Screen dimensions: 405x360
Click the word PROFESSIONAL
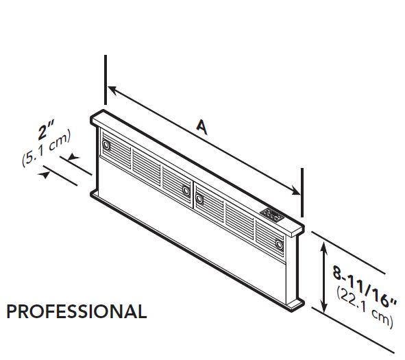77,312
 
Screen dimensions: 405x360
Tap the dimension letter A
202,128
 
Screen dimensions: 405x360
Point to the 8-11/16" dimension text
364,287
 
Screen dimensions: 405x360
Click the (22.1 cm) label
365,307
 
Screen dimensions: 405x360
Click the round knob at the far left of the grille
106,145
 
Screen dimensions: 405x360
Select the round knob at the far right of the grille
279,243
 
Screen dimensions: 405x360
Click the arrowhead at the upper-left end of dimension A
112,89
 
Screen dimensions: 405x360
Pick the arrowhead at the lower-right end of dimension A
295,191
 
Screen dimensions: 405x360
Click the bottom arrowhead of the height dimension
323,306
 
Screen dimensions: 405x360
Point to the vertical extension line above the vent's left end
106,80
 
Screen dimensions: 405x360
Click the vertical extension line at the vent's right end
302,193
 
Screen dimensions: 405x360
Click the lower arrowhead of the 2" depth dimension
44,175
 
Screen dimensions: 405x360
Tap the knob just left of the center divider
186,191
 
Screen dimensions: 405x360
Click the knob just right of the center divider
199,199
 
